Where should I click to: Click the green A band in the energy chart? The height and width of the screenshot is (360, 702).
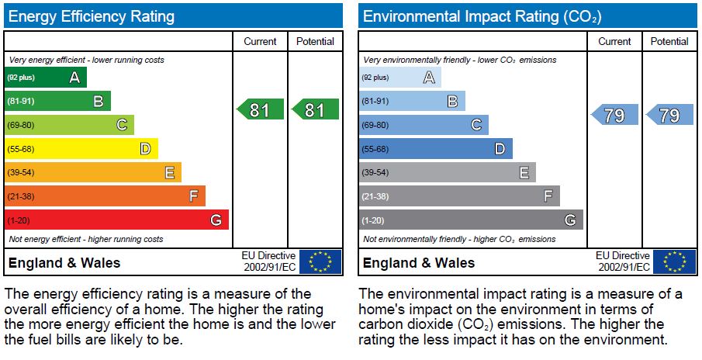pyautogui.click(x=47, y=78)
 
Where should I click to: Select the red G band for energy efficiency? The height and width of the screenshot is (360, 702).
pyautogui.click(x=116, y=220)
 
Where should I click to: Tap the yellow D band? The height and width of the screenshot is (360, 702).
pyautogui.click(x=81, y=149)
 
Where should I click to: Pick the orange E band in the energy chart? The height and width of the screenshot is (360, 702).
pyautogui.click(x=93, y=172)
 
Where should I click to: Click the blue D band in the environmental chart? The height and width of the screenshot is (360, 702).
pyautogui.click(x=435, y=149)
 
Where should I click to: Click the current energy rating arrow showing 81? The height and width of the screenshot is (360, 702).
pyautogui.click(x=260, y=110)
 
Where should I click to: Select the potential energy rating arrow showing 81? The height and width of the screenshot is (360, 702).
pyautogui.click(x=315, y=110)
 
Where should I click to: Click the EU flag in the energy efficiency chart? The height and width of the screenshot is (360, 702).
pyautogui.click(x=320, y=261)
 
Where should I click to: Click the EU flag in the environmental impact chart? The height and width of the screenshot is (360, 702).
pyautogui.click(x=675, y=261)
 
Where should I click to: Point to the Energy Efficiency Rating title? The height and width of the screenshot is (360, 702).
pyautogui.click(x=92, y=16)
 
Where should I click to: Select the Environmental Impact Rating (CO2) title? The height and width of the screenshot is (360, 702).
pyautogui.click(x=482, y=16)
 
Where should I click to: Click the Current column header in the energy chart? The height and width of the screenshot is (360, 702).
pyautogui.click(x=260, y=42)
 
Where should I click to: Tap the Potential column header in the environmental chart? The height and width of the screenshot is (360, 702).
pyautogui.click(x=669, y=42)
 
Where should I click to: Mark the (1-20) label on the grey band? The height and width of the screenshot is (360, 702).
pyautogui.click(x=373, y=220)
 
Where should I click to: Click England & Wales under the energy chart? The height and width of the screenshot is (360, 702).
pyautogui.click(x=64, y=262)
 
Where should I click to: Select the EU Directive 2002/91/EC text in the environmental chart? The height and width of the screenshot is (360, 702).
pyautogui.click(x=623, y=261)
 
